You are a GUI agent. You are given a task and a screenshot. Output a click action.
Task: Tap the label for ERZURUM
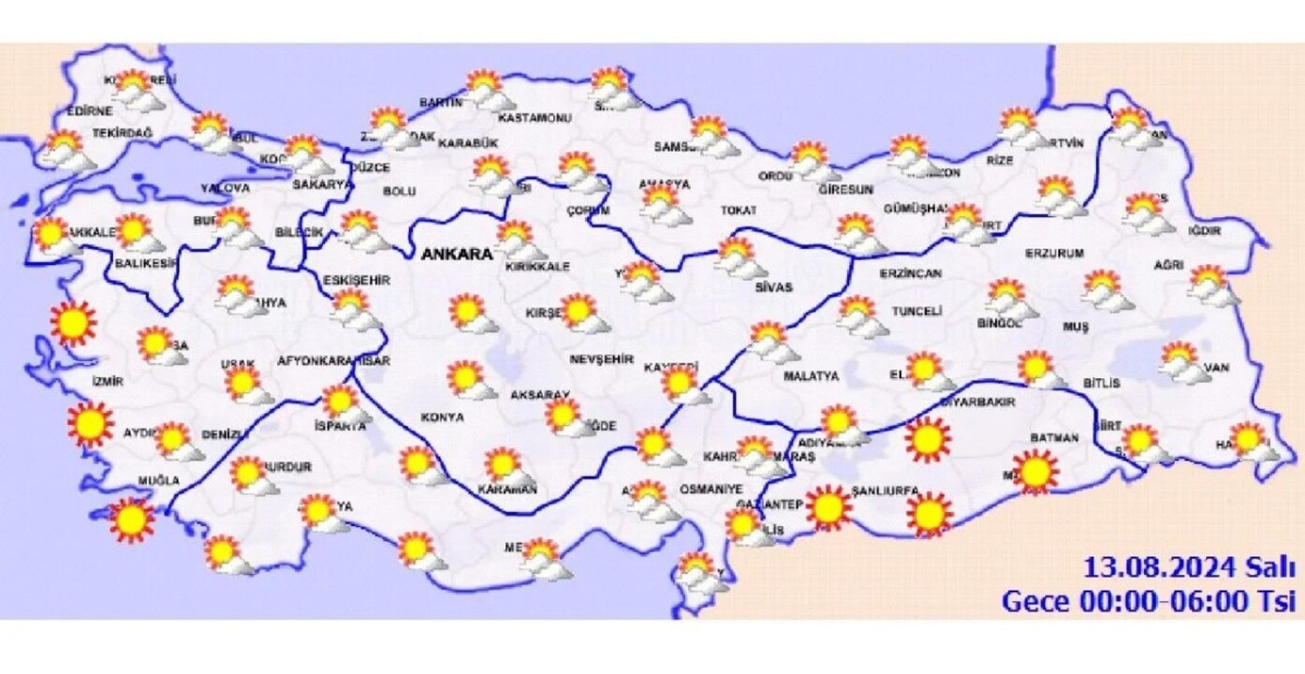click(1054, 253)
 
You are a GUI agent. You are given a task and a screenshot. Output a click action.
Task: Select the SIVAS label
click(773, 287)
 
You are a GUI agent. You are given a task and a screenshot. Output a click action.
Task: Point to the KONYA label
click(443, 417)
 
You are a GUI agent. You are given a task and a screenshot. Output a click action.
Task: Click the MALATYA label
click(811, 376)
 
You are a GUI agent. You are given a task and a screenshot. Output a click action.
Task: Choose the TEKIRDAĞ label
click(122, 135)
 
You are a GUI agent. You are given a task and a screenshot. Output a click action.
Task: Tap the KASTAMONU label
click(535, 119)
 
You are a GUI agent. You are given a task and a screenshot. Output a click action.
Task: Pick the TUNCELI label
click(916, 311)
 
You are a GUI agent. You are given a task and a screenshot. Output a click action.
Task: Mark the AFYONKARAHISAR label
click(334, 360)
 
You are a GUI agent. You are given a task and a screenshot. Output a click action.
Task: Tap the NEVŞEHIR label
click(602, 359)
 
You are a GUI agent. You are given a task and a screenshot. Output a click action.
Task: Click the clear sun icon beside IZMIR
click(74, 323)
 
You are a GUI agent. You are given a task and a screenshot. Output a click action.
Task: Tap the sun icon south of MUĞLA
click(131, 520)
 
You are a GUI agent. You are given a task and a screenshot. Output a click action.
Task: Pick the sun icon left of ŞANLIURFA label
click(828, 508)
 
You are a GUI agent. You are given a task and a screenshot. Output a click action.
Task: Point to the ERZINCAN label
click(910, 273)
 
